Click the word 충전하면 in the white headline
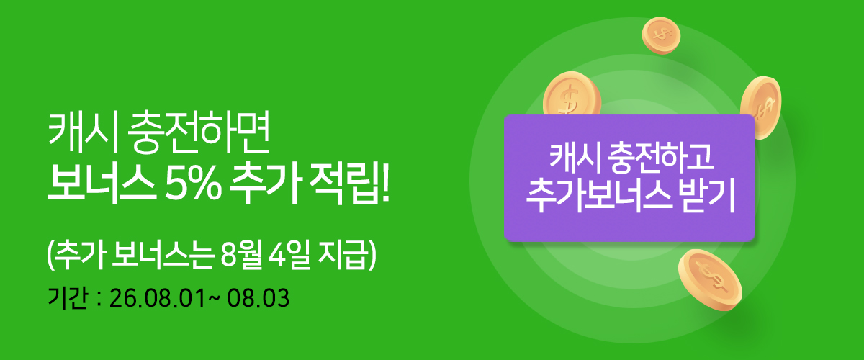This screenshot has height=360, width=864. point(198,132)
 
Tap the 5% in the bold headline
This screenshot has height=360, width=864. point(193,184)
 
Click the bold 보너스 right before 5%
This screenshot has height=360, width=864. point(102,184)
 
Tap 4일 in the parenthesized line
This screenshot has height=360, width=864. point(289,256)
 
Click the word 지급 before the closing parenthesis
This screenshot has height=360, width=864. point(341,256)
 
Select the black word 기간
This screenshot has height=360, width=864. point(68,298)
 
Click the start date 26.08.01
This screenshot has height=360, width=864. point(158,299)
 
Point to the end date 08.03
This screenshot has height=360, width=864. point(258,299)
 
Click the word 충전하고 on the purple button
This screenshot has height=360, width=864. point(660,158)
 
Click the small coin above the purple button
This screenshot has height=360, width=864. point(661,35)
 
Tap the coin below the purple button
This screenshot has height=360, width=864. point(710,280)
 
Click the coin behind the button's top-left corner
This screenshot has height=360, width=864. point(572,94)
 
